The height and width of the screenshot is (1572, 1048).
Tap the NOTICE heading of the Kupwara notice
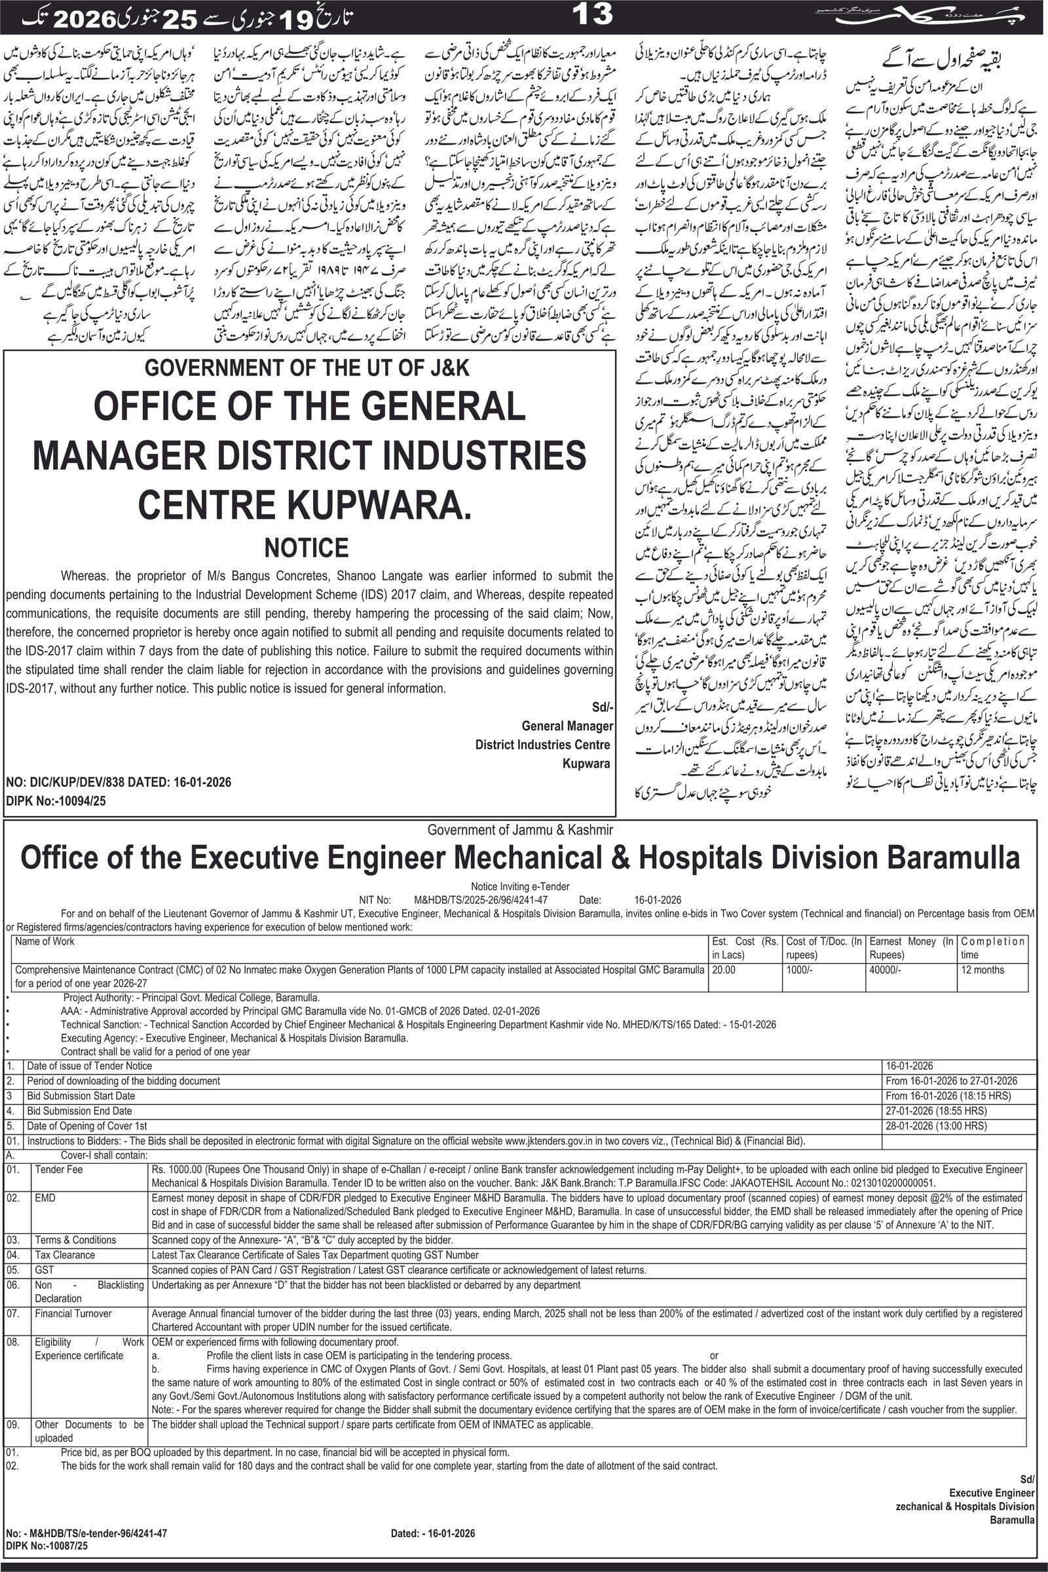(x=307, y=548)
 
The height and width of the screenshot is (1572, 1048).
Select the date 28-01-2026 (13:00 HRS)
(x=936, y=1126)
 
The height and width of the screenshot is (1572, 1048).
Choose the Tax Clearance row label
(x=65, y=1255)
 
